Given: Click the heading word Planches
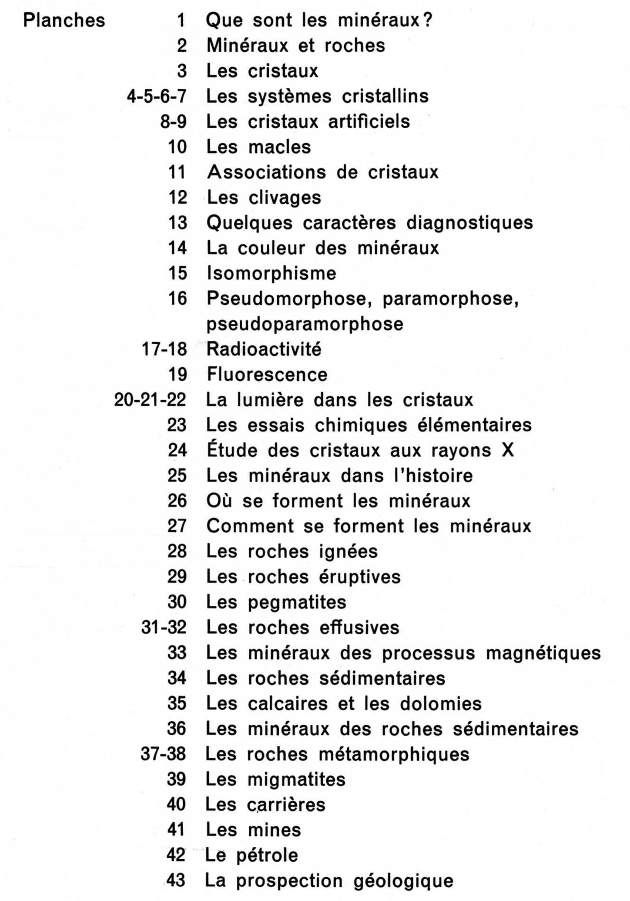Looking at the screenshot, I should click(x=64, y=21).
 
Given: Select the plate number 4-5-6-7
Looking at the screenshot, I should click(x=157, y=96).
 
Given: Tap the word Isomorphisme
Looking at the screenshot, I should click(x=271, y=273).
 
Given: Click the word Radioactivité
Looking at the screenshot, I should click(x=264, y=349).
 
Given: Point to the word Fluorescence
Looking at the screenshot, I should click(x=267, y=375).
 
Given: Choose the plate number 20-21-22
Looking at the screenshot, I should click(x=150, y=400).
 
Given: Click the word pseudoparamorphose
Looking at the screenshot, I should click(x=305, y=324).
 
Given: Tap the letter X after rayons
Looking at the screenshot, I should click(x=508, y=450).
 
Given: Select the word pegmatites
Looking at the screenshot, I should click(x=297, y=602).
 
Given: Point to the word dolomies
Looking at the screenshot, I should click(x=441, y=704).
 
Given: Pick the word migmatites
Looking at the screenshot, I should click(x=297, y=779).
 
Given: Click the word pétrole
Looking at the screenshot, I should click(x=267, y=855).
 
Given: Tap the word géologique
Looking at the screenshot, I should click(x=404, y=881).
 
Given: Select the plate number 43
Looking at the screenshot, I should click(x=176, y=881).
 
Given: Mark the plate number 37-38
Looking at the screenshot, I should click(x=163, y=754).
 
